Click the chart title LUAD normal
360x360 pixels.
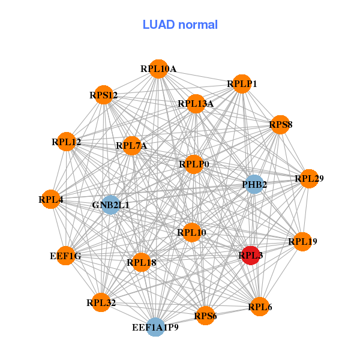(180, 25)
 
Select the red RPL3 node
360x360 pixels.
(250, 255)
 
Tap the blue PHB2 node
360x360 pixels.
(254, 184)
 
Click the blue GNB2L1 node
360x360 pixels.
(110, 205)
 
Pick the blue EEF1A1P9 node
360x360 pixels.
(155, 327)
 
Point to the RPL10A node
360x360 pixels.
(158, 69)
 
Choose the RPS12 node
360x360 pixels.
(104, 95)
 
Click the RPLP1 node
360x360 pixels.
(242, 84)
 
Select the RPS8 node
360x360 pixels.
(280, 125)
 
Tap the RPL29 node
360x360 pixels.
(308, 178)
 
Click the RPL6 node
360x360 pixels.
(259, 307)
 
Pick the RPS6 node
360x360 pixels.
(205, 316)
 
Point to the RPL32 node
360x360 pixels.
(101, 302)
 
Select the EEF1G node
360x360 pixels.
(65, 256)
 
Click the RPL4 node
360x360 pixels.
(51, 199)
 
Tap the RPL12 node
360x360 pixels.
(66, 142)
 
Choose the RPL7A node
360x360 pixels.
(131, 145)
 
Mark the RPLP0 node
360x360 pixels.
(193, 164)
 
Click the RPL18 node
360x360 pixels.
(141, 262)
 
